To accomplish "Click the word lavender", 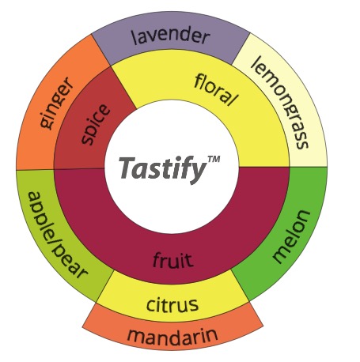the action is coord(171,36).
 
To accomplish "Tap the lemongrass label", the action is coord(280,102).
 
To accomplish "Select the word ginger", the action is coord(56,103).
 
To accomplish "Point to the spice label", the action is coord(95,125).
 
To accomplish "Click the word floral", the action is coord(216,89).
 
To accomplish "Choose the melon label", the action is coord(291,236).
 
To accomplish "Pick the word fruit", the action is coord(173,259).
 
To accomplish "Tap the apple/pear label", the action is coord(57,236).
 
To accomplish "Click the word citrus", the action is coord(172,304).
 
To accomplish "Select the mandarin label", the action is coord(172,335).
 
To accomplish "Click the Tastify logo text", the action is coord(163,168).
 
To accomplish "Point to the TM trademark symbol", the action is coord(214,159).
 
